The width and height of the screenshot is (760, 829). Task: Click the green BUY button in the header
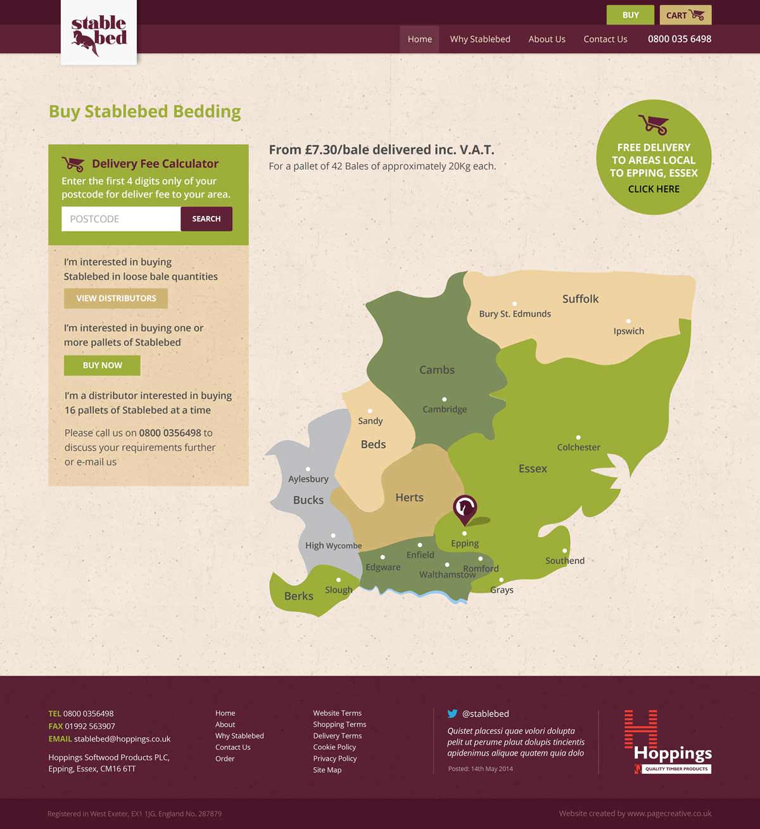(630, 15)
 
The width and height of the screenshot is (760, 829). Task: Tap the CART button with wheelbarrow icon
(685, 15)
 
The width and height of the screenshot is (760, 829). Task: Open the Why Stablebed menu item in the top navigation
(480, 39)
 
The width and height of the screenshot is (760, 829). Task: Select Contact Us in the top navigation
(605, 39)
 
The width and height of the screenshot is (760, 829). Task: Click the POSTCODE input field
(121, 219)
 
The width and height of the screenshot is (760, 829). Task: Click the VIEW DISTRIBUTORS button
(116, 298)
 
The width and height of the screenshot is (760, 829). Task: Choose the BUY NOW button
(102, 365)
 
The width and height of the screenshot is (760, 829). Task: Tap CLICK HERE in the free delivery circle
(654, 189)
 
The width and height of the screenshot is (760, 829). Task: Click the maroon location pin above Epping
(465, 508)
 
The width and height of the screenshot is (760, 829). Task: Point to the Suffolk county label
(580, 299)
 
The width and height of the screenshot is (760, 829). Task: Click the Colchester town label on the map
(578, 447)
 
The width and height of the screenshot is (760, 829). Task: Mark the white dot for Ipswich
(628, 322)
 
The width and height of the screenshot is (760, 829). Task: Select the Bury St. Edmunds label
(515, 313)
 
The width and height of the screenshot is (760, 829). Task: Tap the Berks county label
(298, 596)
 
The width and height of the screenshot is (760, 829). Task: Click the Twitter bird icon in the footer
(452, 713)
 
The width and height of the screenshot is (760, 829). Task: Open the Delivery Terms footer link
(338, 736)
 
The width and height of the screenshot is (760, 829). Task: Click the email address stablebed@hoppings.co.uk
(122, 739)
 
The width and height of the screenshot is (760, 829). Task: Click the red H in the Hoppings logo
(640, 729)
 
